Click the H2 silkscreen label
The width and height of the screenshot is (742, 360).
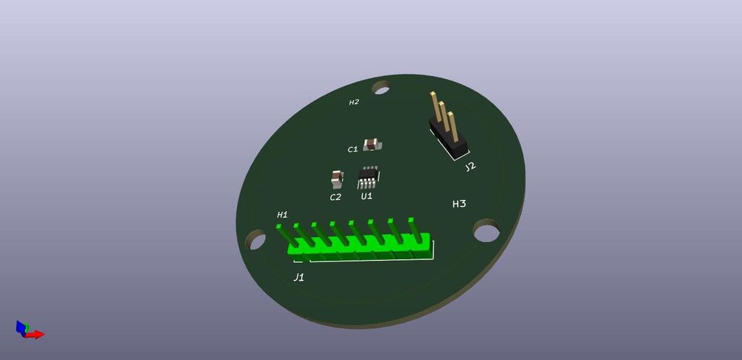tap(354, 102)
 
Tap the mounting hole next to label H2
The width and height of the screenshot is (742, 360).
tap(381, 88)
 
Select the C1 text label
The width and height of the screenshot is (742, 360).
tap(353, 149)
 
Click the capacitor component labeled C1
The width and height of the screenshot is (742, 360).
tap(372, 143)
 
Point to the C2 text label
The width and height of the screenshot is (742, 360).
tap(335, 197)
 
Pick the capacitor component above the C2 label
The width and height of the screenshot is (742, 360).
tap(336, 177)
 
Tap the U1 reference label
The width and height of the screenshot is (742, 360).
tap(367, 196)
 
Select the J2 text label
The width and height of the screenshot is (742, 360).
tap(471, 167)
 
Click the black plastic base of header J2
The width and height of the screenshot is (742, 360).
tap(449, 140)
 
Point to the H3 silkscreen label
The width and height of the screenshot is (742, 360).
tap(459, 204)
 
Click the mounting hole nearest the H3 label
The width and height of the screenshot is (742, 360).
tap(486, 233)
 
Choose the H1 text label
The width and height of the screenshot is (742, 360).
tap(283, 214)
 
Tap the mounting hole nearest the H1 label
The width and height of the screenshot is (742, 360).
tap(255, 240)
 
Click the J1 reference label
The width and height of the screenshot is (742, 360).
tap(299, 277)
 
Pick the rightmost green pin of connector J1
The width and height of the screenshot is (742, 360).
tap(414, 229)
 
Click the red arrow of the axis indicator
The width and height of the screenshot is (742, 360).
tap(36, 334)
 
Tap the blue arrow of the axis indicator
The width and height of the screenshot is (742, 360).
tap(20, 327)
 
